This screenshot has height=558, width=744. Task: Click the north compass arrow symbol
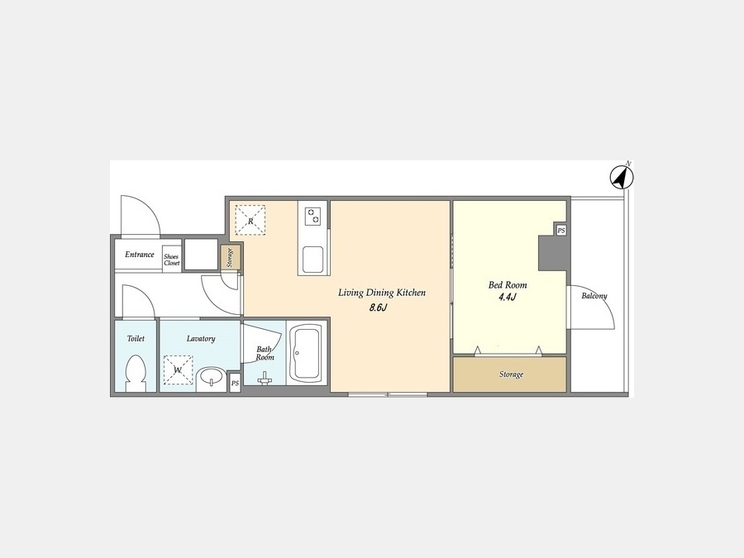tap(622, 177)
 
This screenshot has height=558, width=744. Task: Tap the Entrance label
tap(140, 255)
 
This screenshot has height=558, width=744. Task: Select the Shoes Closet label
tap(172, 260)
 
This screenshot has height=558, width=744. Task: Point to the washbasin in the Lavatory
tap(212, 379)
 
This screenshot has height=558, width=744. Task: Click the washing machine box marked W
tap(178, 370)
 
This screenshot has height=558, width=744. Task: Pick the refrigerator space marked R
tap(250, 220)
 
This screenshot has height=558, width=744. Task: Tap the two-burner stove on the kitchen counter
tap(312, 217)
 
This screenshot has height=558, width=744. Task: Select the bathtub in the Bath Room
tap(306, 353)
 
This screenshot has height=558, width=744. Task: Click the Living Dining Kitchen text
tap(382, 293)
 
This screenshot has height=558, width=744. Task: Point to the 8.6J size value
tap(379, 308)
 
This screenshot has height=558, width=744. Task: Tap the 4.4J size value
tap(508, 298)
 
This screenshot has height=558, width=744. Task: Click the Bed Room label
tap(508, 284)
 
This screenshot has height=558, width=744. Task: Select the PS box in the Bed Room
tap(561, 231)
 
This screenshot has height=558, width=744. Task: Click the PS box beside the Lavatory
tap(235, 384)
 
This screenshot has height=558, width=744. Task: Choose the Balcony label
tap(594, 296)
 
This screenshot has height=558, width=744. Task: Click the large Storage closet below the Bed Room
tap(509, 374)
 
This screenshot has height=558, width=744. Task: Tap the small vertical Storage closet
tap(230, 258)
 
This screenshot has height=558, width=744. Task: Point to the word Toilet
tap(136, 338)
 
